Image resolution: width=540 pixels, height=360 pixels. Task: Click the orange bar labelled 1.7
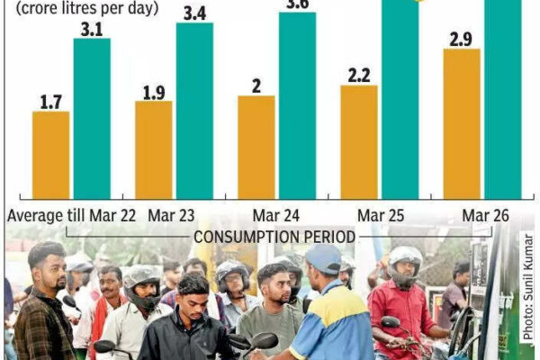[50, 155]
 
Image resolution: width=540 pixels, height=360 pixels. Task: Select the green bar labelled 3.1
[92, 118]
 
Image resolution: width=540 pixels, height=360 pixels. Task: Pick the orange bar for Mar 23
[153, 149]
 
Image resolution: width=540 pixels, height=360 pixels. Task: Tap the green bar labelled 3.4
[194, 110]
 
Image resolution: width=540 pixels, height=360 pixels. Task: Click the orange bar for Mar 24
[256, 147]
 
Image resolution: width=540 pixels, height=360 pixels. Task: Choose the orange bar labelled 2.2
[359, 142]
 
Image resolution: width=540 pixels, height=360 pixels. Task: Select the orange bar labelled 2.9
[462, 124]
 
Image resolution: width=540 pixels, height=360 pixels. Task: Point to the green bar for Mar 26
[502, 99]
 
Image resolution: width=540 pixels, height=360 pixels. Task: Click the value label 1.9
[153, 92]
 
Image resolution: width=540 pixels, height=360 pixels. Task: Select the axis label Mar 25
[379, 216]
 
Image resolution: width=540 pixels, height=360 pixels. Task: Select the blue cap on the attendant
[323, 258]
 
